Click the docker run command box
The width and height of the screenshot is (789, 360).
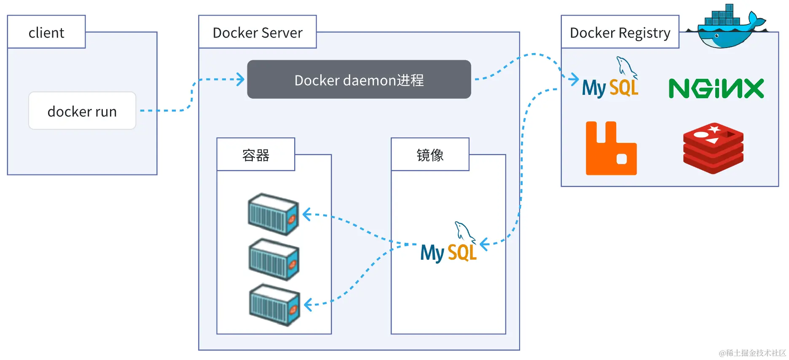(x=82, y=111)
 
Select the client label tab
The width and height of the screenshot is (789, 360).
(x=46, y=32)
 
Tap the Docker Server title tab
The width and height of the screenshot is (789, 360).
(x=258, y=32)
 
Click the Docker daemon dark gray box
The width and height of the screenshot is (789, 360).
(x=359, y=80)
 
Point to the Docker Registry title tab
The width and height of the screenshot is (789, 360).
(x=620, y=32)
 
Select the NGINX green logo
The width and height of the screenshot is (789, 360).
(x=716, y=89)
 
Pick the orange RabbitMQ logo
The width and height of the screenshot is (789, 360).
(x=611, y=149)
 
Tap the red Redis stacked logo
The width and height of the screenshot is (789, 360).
(x=713, y=148)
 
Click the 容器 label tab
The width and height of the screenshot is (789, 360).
(x=256, y=155)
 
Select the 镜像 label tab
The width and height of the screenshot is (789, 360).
(x=430, y=155)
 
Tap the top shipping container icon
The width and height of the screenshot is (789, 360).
(x=274, y=214)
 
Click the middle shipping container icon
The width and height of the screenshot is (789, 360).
(x=274, y=259)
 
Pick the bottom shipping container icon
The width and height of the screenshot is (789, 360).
(x=274, y=305)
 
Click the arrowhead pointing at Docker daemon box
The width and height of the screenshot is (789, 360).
(x=241, y=79)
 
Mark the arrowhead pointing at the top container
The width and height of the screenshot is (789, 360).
(x=306, y=215)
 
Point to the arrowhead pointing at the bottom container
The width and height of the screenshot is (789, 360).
(x=308, y=304)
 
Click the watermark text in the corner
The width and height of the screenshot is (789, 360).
(x=752, y=353)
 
